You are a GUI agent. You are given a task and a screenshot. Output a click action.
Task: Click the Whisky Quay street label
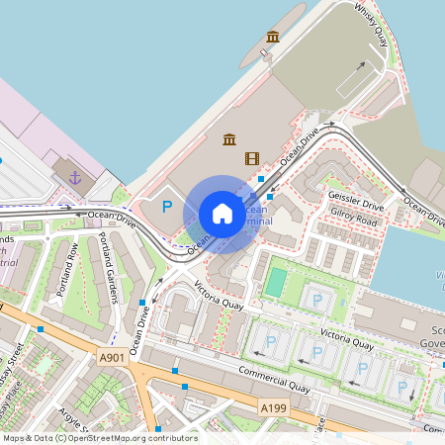(371, 22)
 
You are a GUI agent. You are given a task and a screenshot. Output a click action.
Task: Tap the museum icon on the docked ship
(273, 38)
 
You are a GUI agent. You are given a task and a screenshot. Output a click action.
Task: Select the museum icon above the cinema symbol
(229, 138)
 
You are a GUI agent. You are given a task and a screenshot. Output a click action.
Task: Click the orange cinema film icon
(252, 158)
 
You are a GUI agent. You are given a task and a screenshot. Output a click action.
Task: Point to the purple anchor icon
(75, 177)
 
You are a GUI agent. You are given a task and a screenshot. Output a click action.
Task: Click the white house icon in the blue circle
(222, 214)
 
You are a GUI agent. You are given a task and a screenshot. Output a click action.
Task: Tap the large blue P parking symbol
(167, 208)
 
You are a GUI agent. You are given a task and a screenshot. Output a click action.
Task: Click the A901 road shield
(114, 358)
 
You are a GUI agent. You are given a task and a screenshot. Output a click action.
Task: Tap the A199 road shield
(273, 407)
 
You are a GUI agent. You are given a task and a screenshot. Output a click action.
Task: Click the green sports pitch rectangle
(274, 283)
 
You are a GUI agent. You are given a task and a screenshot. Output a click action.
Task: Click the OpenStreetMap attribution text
(100, 438)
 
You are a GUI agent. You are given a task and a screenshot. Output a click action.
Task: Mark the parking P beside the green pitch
(316, 300)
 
